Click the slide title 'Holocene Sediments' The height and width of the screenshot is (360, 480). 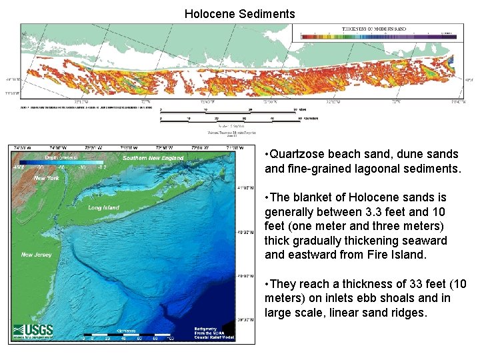click(239, 13)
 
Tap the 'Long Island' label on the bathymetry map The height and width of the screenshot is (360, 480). click(103, 207)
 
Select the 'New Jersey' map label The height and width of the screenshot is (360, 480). click(36, 255)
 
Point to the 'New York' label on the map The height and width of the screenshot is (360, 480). click(47, 178)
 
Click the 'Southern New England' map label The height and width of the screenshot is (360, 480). click(153, 158)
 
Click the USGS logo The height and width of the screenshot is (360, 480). click(33, 331)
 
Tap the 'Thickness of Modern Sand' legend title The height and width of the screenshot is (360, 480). click(373, 30)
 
